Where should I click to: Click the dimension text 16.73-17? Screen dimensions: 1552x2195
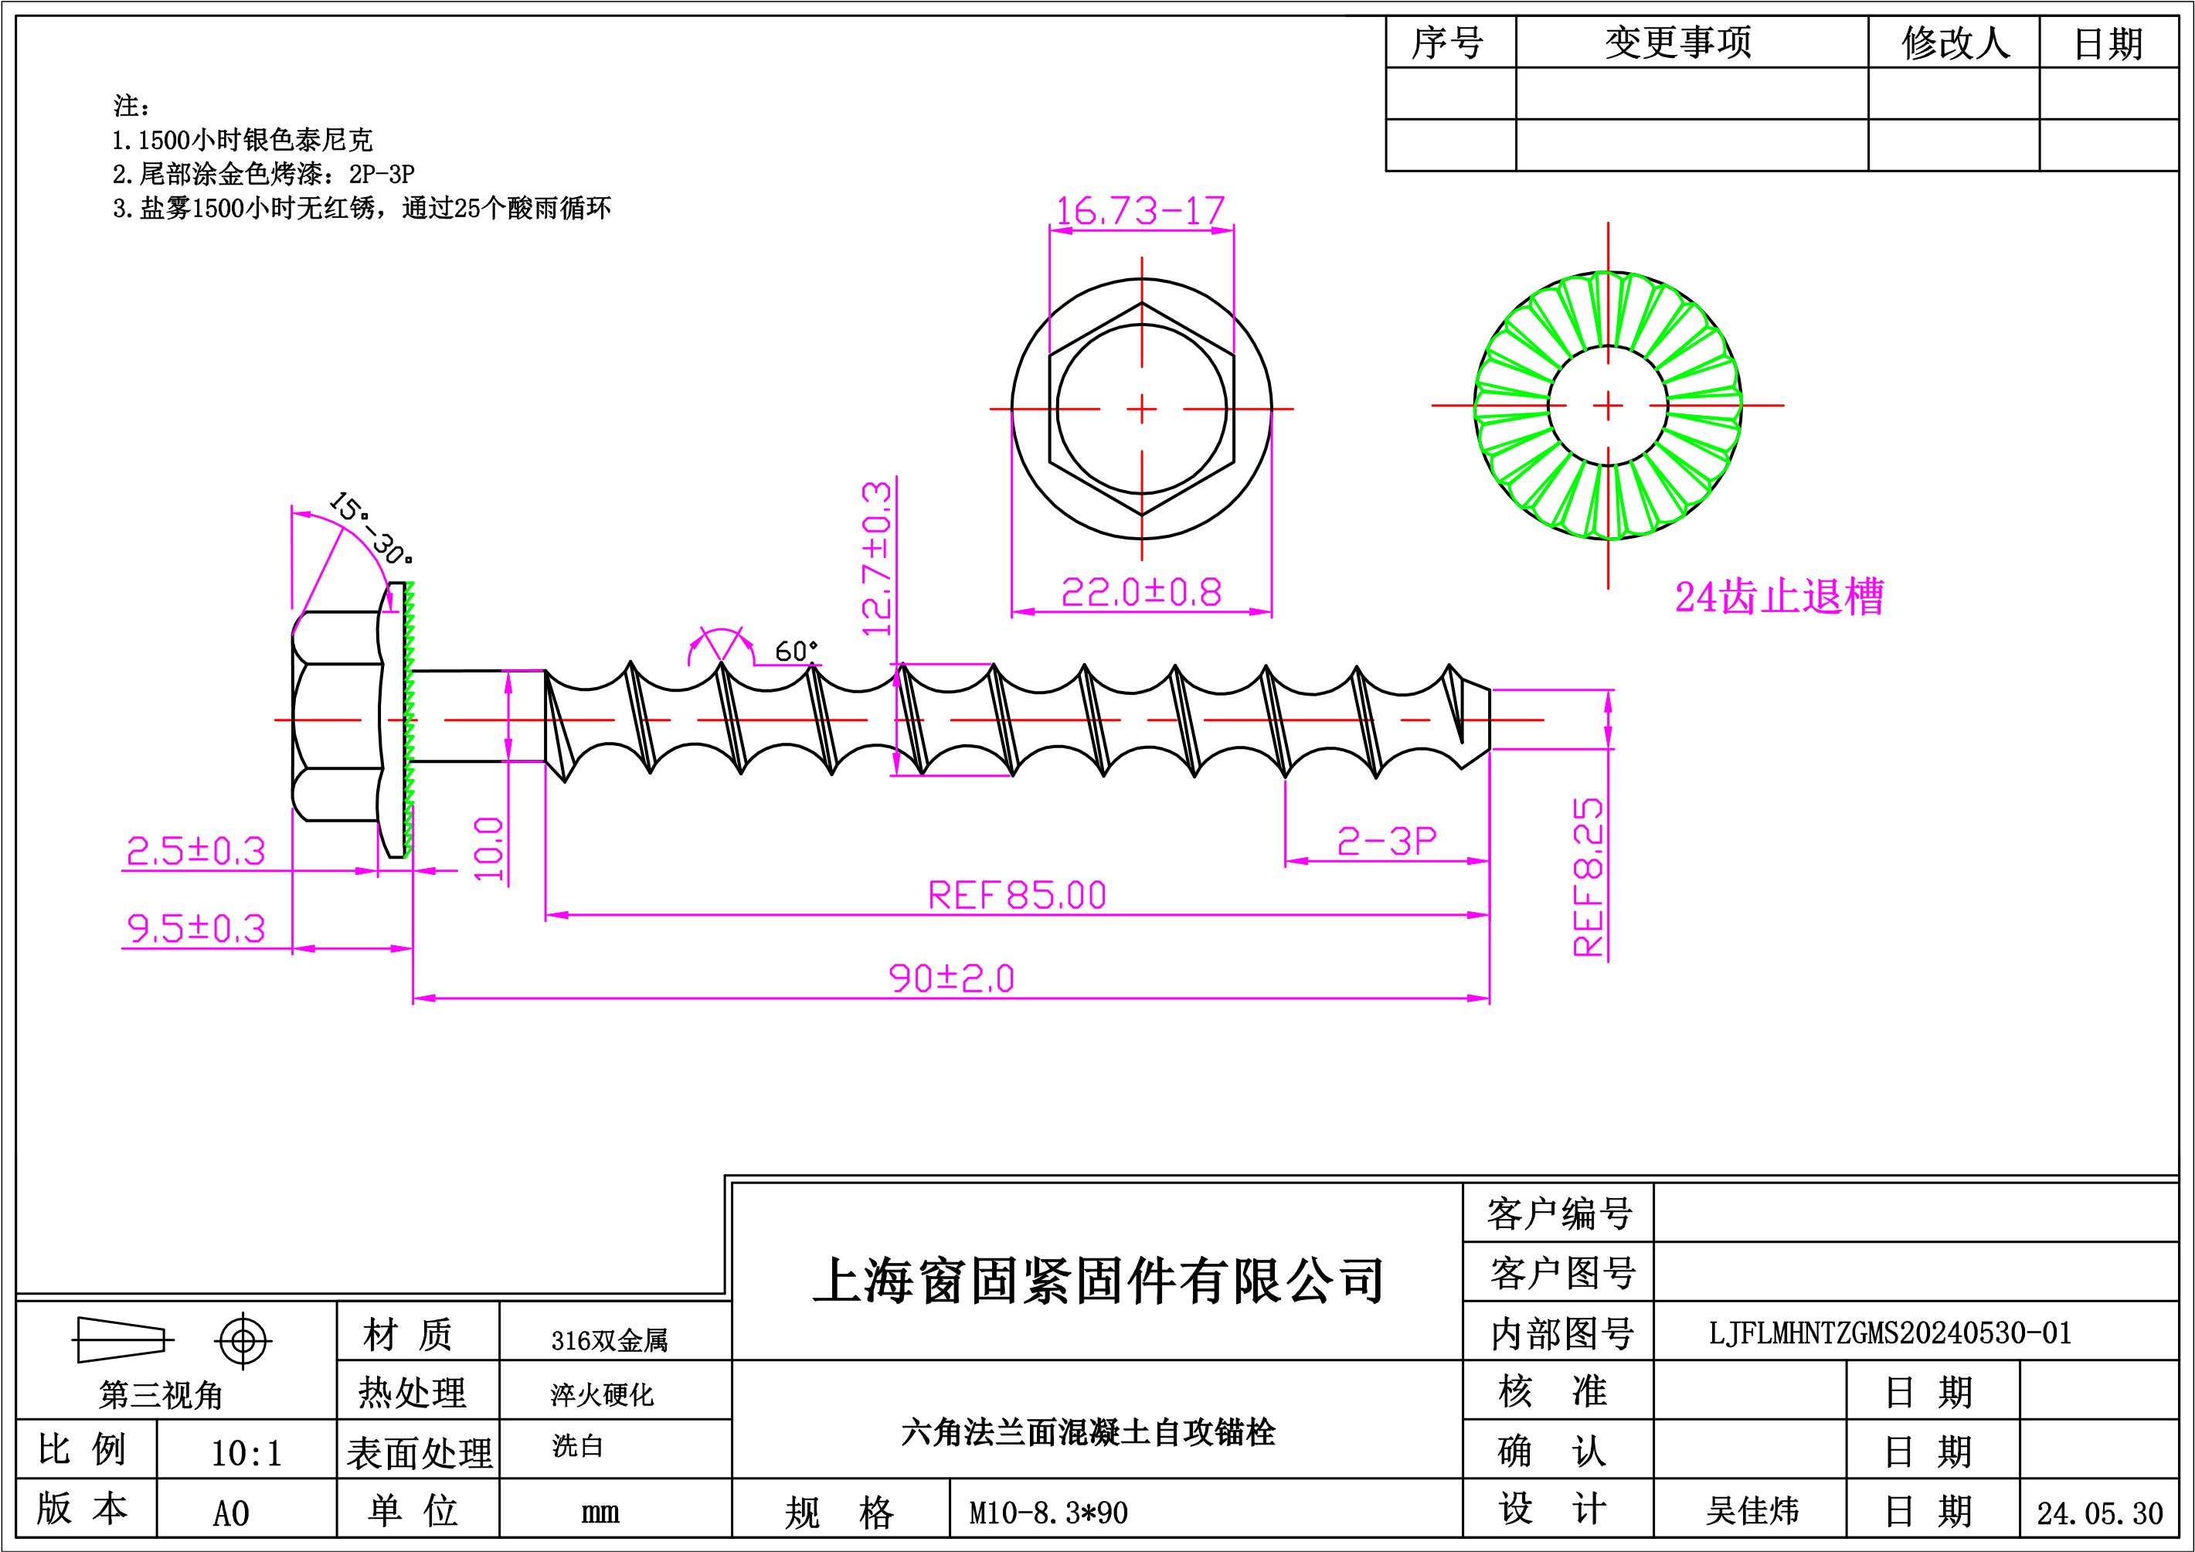pyautogui.click(x=1140, y=211)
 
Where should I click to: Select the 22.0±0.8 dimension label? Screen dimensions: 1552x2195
pyautogui.click(x=1141, y=593)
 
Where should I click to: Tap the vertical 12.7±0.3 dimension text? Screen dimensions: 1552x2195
pyautogui.click(x=877, y=560)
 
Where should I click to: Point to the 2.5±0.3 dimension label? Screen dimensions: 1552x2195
pyautogui.click(x=196, y=851)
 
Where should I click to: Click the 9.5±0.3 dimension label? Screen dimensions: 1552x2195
pyautogui.click(x=196, y=928)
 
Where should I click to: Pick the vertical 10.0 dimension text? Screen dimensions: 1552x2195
pyautogui.click(x=488, y=849)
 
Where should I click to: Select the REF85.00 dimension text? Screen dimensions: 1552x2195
pyautogui.click(x=1018, y=896)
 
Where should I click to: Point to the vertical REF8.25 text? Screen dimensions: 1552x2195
pyautogui.click(x=1588, y=877)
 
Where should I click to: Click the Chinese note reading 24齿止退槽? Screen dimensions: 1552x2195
pyautogui.click(x=1779, y=597)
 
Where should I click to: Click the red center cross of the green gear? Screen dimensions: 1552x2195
pyautogui.click(x=1608, y=406)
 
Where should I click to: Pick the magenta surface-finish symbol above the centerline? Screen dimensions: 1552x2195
pyautogui.click(x=722, y=645)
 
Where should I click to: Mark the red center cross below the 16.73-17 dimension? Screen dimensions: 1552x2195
pyautogui.click(x=1141, y=408)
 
